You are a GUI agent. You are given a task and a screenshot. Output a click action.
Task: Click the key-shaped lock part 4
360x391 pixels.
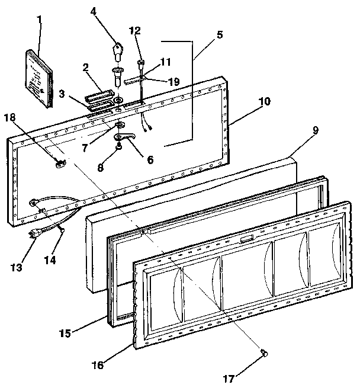pos(116,47)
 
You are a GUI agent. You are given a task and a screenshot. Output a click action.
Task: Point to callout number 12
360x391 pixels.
pos(136,30)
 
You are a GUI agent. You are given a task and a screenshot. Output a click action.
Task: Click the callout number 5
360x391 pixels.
pos(220,34)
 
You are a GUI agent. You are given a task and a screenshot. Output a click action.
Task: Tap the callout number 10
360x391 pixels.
pos(263,101)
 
